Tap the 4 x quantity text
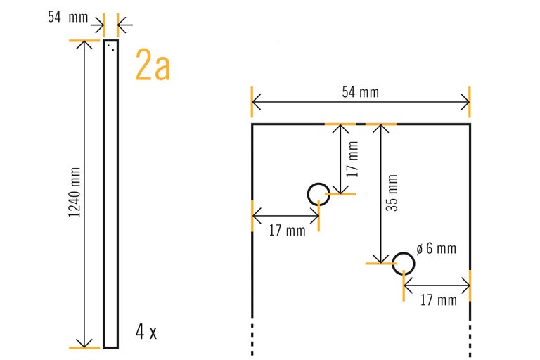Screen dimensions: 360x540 [146, 332]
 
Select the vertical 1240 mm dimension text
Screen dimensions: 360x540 [74, 193]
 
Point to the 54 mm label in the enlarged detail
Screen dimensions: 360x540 [360, 92]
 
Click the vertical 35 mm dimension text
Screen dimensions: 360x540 [392, 193]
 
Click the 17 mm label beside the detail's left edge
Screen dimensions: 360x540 [286, 230]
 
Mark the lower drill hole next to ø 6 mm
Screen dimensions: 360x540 [404, 263]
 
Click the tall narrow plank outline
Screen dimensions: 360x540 [111, 193]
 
